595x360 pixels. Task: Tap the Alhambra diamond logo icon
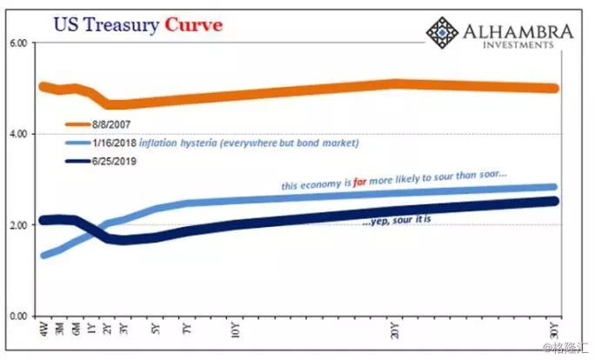[x=443, y=33]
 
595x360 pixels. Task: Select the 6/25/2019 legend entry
[x=116, y=161]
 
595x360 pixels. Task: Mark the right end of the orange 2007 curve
[x=554, y=88]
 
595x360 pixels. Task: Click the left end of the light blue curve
[x=43, y=255]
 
